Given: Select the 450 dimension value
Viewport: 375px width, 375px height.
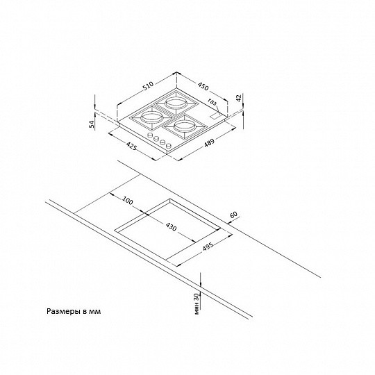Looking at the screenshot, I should (203, 86).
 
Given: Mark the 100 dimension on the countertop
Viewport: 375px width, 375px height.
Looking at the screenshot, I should (126, 201).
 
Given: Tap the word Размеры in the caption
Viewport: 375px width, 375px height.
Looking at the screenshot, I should (64, 312).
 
